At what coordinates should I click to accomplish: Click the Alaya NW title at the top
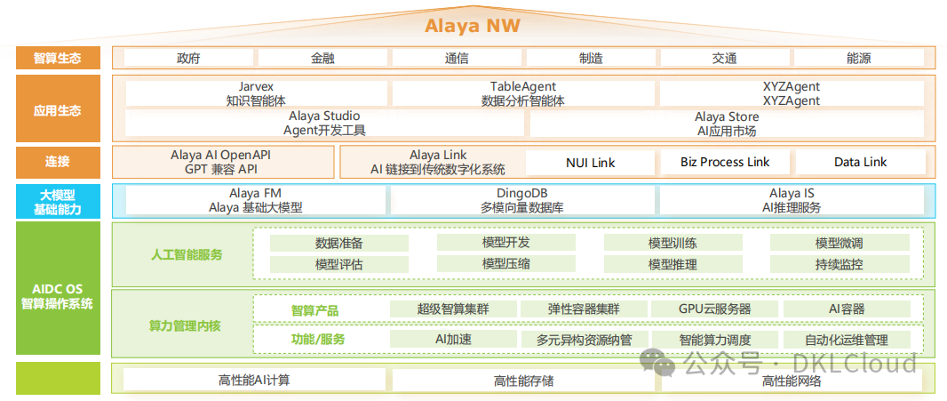pyautogui.click(x=472, y=25)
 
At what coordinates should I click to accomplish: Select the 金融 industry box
pyautogui.click(x=322, y=58)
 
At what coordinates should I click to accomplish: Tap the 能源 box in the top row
pyautogui.click(x=858, y=58)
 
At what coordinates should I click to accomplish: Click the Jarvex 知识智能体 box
pyautogui.click(x=256, y=93)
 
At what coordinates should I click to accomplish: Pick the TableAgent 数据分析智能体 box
pyautogui.click(x=523, y=93)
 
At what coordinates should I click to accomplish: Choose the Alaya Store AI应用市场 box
pyautogui.click(x=727, y=123)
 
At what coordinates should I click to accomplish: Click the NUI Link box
pyautogui.click(x=590, y=162)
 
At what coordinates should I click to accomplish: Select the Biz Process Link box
pyautogui.click(x=725, y=162)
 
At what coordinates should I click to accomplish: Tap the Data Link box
pyautogui.click(x=860, y=162)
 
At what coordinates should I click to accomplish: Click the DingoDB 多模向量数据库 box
pyautogui.click(x=523, y=200)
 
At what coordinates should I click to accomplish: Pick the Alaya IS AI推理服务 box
pyautogui.click(x=792, y=200)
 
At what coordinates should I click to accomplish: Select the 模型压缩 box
pyautogui.click(x=505, y=264)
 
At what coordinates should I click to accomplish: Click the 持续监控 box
pyautogui.click(x=839, y=264)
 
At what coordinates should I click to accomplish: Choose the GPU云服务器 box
pyautogui.click(x=714, y=309)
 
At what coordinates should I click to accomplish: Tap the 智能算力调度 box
pyautogui.click(x=714, y=340)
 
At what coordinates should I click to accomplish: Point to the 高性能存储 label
pyautogui.click(x=523, y=381)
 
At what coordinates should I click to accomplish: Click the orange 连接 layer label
pyautogui.click(x=58, y=162)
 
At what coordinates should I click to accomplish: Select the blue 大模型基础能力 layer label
pyautogui.click(x=58, y=201)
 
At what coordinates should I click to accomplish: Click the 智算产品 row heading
pyautogui.click(x=314, y=310)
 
